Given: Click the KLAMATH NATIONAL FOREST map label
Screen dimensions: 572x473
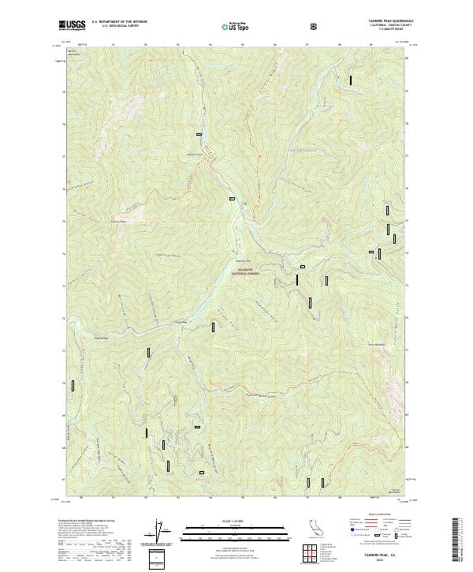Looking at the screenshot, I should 245,271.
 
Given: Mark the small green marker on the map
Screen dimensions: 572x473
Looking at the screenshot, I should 245,204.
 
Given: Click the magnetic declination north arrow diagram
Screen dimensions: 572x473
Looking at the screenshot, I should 162,530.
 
